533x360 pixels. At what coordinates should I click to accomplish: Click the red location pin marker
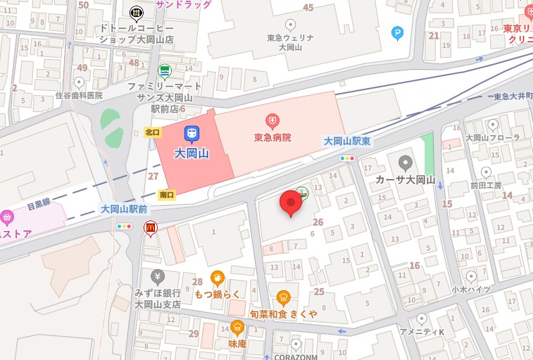pyautogui.click(x=291, y=203)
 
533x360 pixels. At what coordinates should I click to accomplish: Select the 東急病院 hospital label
pyautogui.click(x=272, y=137)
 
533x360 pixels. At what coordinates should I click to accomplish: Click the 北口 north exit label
pyautogui.click(x=152, y=132)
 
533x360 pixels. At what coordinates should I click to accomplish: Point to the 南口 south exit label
pyautogui.click(x=167, y=194)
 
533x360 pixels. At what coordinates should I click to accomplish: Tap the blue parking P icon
pyautogui.click(x=398, y=32)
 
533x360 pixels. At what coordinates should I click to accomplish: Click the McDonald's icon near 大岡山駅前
pyautogui.click(x=150, y=228)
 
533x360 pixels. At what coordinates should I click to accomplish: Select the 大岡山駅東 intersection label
pyautogui.click(x=346, y=142)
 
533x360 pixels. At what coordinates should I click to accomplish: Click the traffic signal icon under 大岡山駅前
pyautogui.click(x=124, y=227)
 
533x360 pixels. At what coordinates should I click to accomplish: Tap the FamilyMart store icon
pyautogui.click(x=164, y=70)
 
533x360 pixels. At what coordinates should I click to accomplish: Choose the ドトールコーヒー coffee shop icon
pyautogui.click(x=136, y=12)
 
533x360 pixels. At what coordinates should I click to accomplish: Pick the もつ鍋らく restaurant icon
pyautogui.click(x=218, y=277)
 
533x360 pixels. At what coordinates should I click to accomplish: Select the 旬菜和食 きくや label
pyautogui.click(x=283, y=313)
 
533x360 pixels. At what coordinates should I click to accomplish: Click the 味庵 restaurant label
pyautogui.click(x=237, y=343)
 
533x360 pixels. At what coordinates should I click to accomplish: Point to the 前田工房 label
pyautogui.click(x=487, y=185)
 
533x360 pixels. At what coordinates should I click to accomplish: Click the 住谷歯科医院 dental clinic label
pyautogui.click(x=79, y=95)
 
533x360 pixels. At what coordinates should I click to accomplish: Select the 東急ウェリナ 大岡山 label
pyautogui.click(x=289, y=42)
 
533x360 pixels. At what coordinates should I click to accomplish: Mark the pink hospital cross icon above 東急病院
pyautogui.click(x=272, y=122)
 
